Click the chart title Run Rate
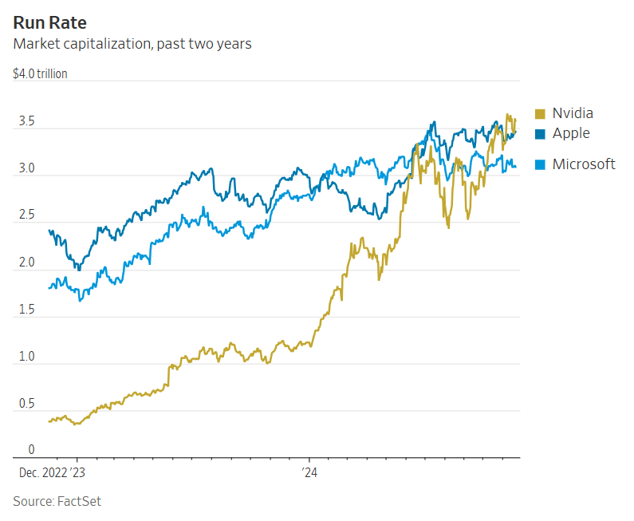(49, 22)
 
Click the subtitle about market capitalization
(132, 44)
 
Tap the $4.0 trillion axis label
(41, 74)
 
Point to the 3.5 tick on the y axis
(26, 122)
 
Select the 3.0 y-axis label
(26, 169)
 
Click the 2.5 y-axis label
(26, 215)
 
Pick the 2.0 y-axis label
(26, 262)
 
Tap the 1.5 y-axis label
(26, 310)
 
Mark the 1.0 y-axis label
(26, 357)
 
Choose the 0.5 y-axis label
(26, 404)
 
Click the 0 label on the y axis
(31, 450)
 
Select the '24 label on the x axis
(309, 472)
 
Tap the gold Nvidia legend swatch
(540, 114)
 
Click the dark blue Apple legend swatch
(540, 134)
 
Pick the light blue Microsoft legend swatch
(540, 164)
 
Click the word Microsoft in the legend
(584, 164)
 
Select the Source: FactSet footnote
(57, 501)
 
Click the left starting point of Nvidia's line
(49, 420)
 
